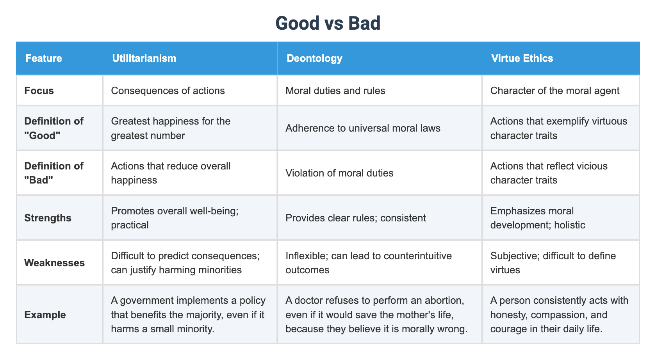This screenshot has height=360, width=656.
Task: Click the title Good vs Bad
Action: pos(328,23)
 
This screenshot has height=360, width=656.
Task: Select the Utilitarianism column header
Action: pos(144,58)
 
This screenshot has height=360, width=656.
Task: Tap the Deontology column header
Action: pos(314,58)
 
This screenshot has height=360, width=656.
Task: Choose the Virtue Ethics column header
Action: pos(522,58)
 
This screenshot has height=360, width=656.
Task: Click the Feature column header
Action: pos(44,58)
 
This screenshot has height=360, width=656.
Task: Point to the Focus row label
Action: pos(39,91)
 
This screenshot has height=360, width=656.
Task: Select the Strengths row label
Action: pos(48,217)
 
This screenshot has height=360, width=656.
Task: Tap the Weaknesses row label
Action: pos(54,263)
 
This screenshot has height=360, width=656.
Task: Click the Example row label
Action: pos(45,315)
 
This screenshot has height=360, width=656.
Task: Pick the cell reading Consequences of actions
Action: pos(168,91)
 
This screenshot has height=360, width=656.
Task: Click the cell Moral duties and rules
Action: pos(335,91)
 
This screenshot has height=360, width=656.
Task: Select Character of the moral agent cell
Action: pos(554,91)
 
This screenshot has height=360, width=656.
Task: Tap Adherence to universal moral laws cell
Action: pos(363,128)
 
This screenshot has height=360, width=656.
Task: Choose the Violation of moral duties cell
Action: pos(339,173)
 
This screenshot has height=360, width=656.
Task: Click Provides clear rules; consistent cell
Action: pos(355,217)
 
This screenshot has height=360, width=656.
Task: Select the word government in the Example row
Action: pos(146,301)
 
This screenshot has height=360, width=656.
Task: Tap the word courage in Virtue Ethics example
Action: pos(507,329)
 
